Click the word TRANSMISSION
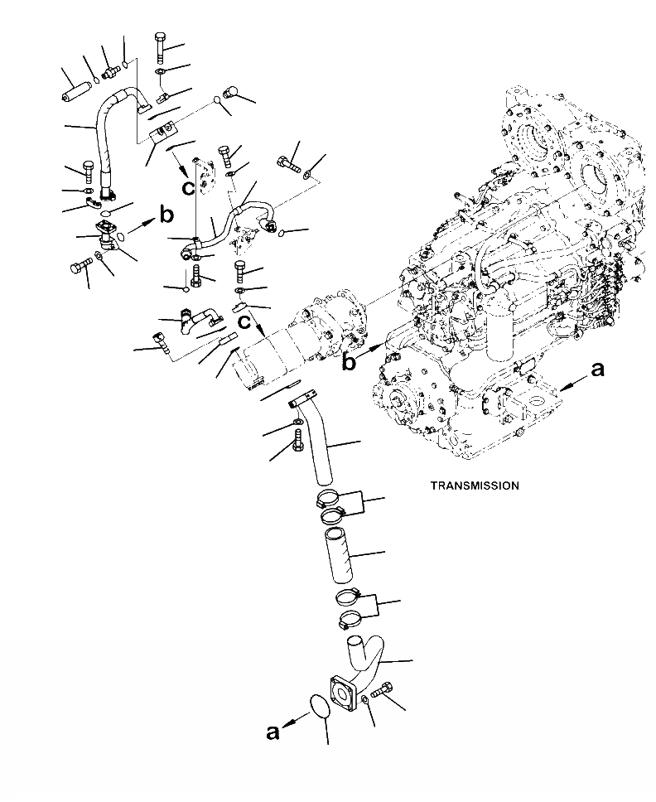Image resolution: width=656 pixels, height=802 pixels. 475,486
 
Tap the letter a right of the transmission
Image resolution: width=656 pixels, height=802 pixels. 596,370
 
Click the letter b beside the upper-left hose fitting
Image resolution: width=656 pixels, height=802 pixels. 166,217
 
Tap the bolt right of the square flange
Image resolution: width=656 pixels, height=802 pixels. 382,690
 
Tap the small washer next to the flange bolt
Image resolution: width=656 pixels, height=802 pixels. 364,703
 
